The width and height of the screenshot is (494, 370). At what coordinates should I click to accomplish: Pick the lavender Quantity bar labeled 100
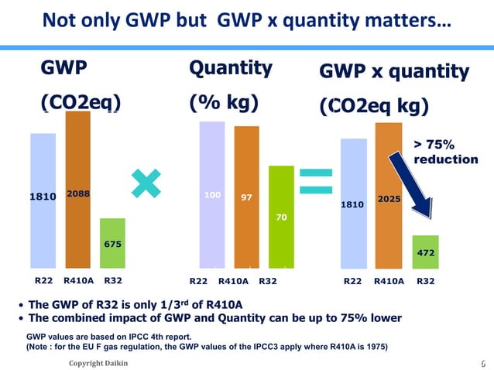[x=211, y=194]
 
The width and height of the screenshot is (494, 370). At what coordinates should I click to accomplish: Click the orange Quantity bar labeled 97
[x=246, y=197]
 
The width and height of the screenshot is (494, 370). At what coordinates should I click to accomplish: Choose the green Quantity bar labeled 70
[x=281, y=217]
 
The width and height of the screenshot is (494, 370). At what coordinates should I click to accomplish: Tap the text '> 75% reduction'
[x=445, y=152]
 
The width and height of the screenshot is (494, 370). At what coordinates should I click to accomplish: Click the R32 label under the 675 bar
[x=113, y=281]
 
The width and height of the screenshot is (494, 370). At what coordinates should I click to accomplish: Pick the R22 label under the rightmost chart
[x=353, y=281]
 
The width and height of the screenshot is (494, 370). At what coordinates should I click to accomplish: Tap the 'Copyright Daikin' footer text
[x=98, y=363]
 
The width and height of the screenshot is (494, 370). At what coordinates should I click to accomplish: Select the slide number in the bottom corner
[x=483, y=363]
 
